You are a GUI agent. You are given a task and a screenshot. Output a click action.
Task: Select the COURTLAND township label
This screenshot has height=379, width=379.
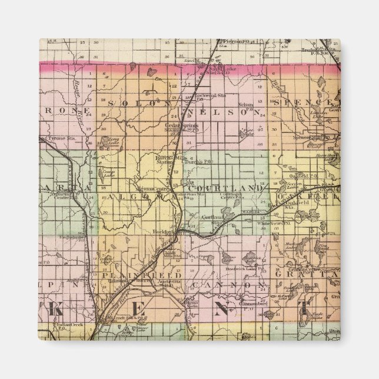click(x=225, y=188)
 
